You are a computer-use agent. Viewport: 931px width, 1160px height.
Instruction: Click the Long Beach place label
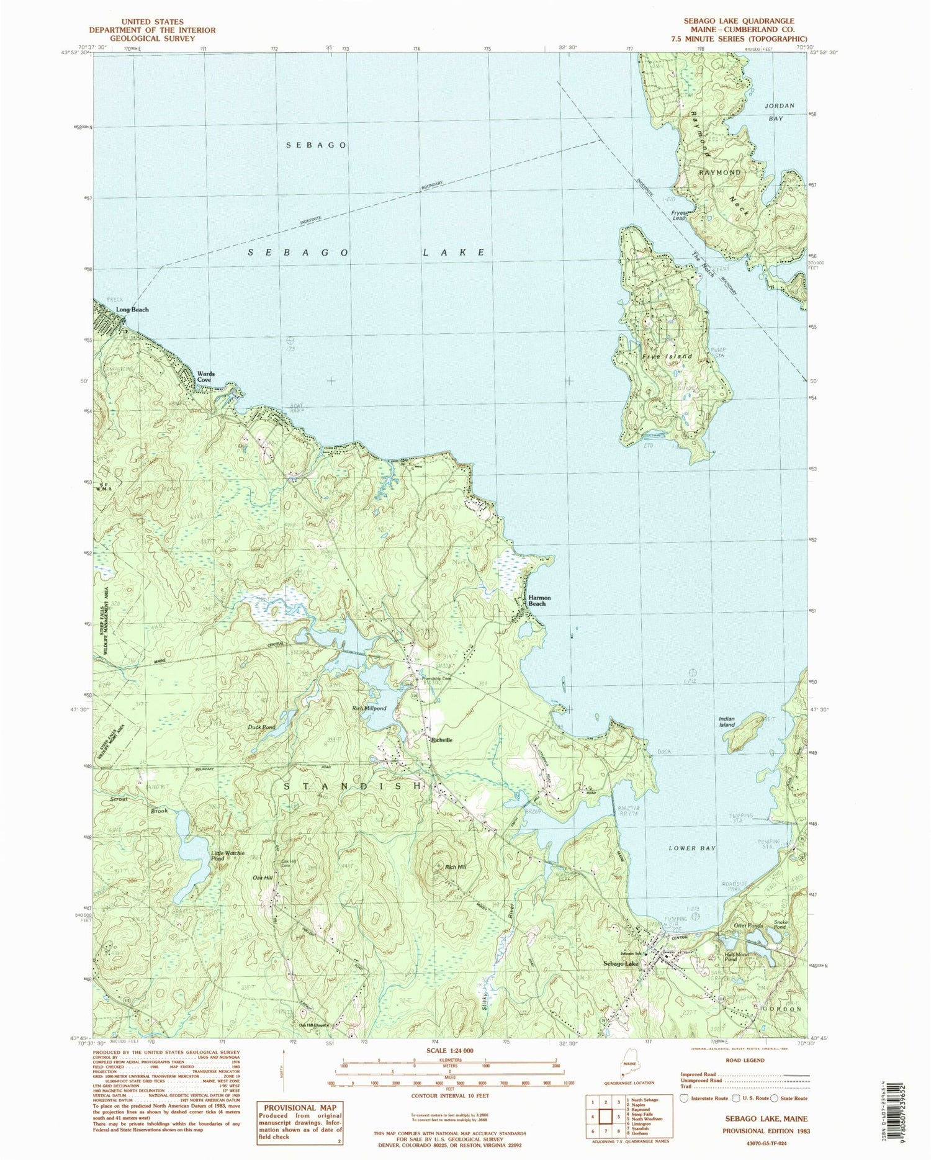[x=132, y=310]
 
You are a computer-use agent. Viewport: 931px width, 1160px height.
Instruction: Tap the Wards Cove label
[x=206, y=377]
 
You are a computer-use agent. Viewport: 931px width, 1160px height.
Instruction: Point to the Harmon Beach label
[x=539, y=600]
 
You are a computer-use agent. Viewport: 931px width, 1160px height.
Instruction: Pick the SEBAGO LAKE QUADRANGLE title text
[x=739, y=20]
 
